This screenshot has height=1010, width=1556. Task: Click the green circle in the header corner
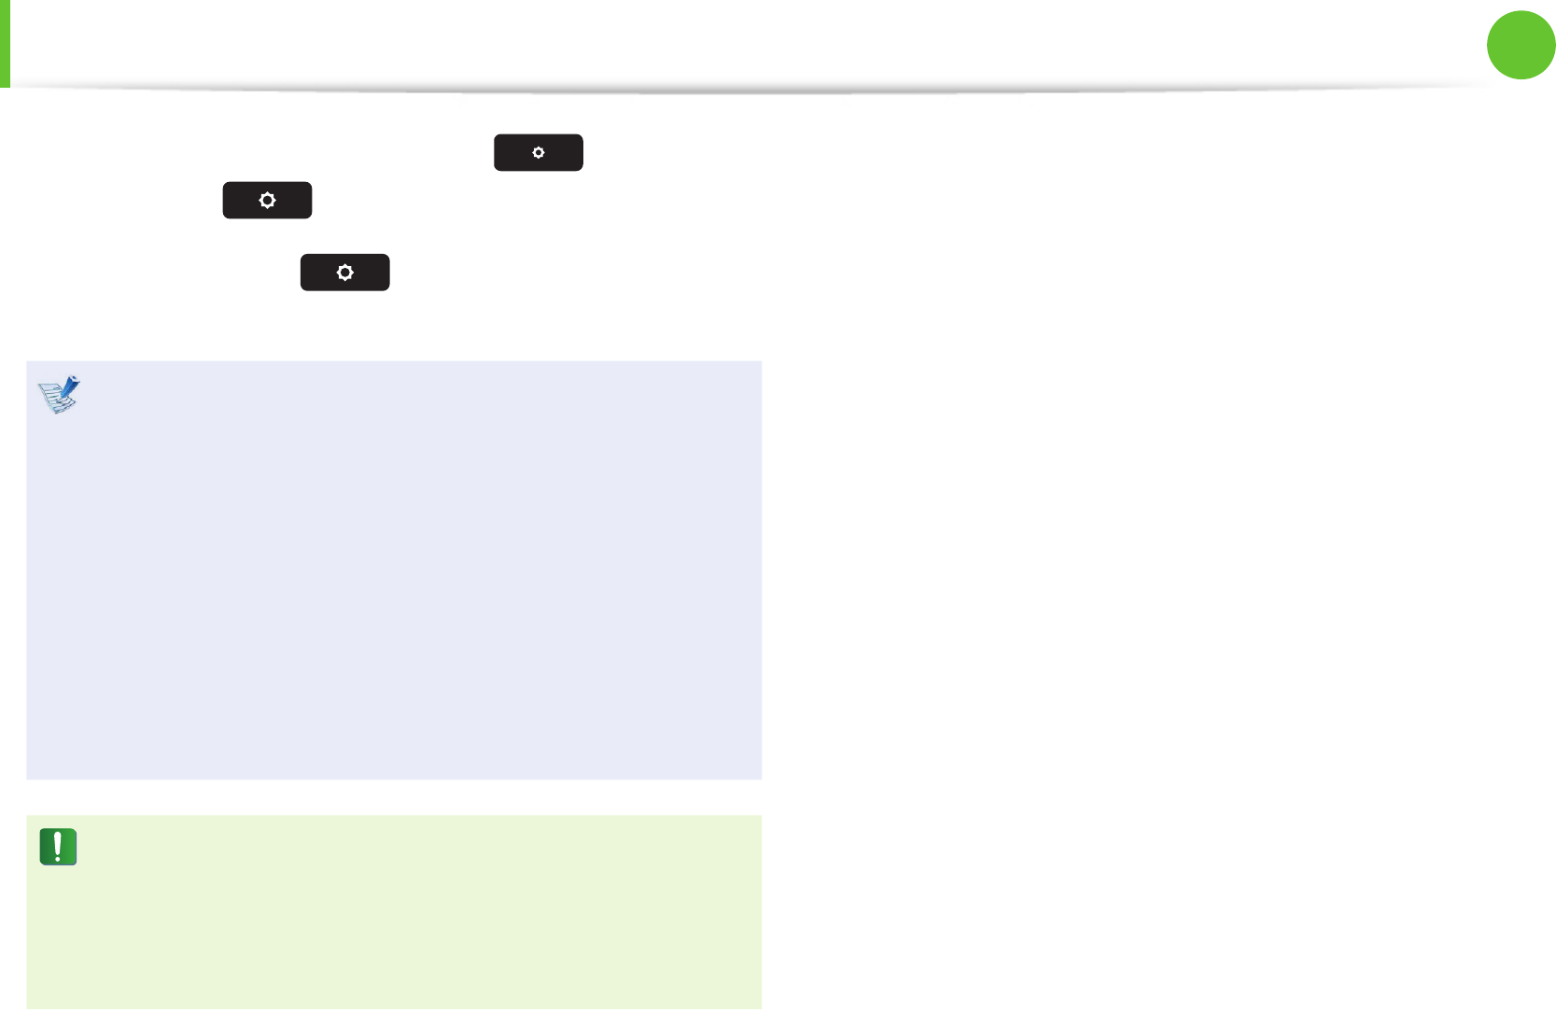(x=1521, y=45)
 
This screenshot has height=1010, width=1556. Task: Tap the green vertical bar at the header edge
(x=5, y=43)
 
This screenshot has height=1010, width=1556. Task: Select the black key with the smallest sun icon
(x=539, y=152)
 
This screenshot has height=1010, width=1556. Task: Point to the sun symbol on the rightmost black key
(x=539, y=152)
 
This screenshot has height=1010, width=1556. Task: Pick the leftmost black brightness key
(x=267, y=201)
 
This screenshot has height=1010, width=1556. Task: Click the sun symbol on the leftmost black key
(x=267, y=201)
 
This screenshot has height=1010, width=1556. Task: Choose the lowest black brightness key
(x=344, y=273)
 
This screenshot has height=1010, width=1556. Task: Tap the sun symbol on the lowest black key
(x=345, y=273)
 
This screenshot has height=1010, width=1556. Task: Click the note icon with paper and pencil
(x=59, y=395)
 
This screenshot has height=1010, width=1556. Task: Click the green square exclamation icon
(x=58, y=847)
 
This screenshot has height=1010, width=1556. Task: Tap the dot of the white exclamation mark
(x=58, y=858)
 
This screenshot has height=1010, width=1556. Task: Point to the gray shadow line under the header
(x=747, y=91)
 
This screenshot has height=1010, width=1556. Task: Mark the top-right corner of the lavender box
(x=761, y=362)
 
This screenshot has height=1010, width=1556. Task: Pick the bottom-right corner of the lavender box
(x=761, y=778)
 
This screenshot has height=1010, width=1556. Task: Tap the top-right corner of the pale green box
(x=761, y=817)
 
